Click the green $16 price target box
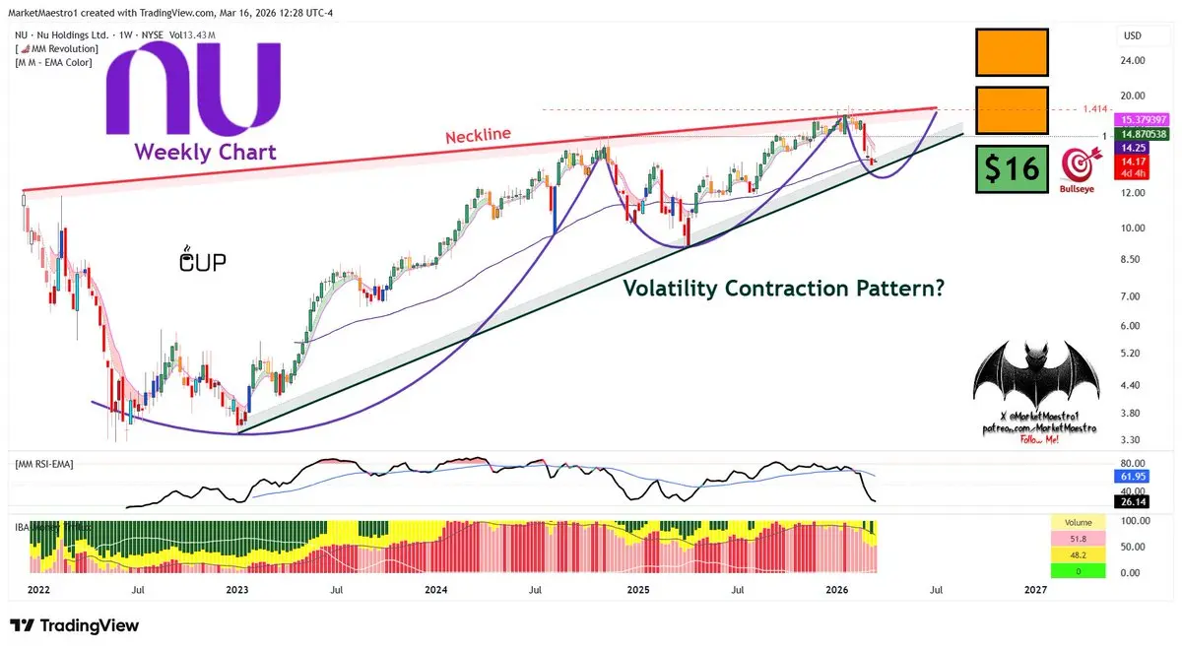[x=1012, y=168]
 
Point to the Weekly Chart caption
[x=205, y=152]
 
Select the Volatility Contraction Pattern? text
[x=783, y=288]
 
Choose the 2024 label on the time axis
[x=436, y=590]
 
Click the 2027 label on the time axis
[x=1034, y=590]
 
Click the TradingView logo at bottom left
[x=75, y=625]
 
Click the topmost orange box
[x=1012, y=52]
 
